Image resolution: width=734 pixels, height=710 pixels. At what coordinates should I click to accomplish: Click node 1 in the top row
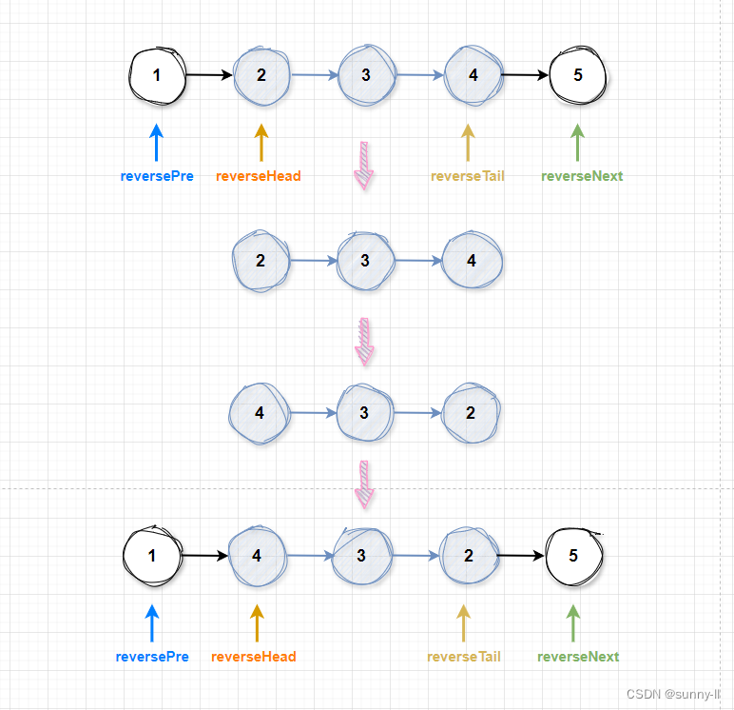pyautogui.click(x=158, y=74)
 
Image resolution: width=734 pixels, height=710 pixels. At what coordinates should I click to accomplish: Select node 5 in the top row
pyautogui.click(x=577, y=74)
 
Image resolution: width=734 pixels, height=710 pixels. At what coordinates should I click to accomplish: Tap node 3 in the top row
pyautogui.click(x=366, y=74)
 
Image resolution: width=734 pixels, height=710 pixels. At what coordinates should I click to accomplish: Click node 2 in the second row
pyautogui.click(x=261, y=260)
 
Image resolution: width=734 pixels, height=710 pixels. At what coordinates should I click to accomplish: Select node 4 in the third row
pyautogui.click(x=259, y=412)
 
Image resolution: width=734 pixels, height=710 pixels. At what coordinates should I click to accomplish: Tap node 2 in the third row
pyautogui.click(x=471, y=412)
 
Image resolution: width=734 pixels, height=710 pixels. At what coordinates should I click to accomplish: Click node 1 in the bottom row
pyautogui.click(x=152, y=555)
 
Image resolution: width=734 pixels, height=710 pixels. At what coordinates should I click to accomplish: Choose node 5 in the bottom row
pyautogui.click(x=573, y=555)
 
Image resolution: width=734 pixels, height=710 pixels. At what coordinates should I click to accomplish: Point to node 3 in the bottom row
pyautogui.click(x=361, y=555)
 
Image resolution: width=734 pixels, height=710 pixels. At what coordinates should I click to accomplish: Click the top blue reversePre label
pyautogui.click(x=157, y=176)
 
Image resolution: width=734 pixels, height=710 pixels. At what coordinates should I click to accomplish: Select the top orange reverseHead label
pyautogui.click(x=259, y=176)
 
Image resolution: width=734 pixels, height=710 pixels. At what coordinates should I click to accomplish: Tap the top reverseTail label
pyautogui.click(x=467, y=176)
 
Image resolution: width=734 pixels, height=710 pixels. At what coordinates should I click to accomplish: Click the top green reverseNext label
pyautogui.click(x=582, y=176)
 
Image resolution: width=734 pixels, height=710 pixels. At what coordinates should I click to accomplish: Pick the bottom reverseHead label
pyautogui.click(x=254, y=657)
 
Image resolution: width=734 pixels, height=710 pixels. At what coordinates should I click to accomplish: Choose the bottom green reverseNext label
pyautogui.click(x=578, y=657)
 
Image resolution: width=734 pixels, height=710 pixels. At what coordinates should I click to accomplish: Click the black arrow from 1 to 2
pyautogui.click(x=210, y=74)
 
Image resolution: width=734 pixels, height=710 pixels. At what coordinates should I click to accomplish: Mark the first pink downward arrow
pyautogui.click(x=364, y=166)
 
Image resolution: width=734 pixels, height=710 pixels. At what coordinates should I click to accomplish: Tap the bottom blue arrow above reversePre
pyautogui.click(x=152, y=623)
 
